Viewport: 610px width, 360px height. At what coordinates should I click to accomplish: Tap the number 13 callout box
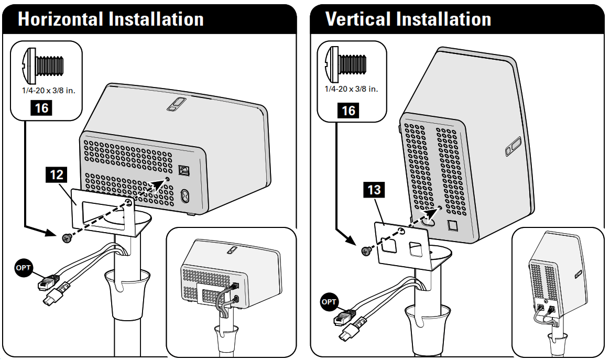[374, 189]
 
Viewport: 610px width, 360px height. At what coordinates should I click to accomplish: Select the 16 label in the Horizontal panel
[41, 108]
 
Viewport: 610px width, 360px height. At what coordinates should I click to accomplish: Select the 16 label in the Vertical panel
[348, 110]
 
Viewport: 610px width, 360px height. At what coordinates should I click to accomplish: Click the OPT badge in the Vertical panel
[330, 302]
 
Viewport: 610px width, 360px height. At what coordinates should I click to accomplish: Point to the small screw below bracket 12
[67, 238]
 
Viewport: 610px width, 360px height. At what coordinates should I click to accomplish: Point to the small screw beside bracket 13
[365, 252]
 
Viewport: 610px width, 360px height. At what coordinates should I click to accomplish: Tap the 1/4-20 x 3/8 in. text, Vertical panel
[351, 89]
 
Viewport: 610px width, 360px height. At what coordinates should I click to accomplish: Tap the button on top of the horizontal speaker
[173, 104]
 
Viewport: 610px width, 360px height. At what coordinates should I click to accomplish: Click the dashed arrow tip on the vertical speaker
[435, 210]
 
